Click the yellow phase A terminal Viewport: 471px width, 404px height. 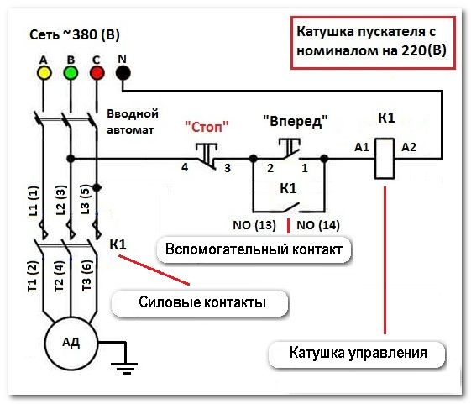pyautogui.click(x=44, y=73)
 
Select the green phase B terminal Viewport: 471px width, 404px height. pyautogui.click(x=71, y=73)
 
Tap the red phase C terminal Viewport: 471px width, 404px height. pyautogui.click(x=97, y=73)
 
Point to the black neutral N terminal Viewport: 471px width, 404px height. pyautogui.click(x=123, y=73)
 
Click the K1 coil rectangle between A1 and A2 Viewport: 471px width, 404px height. pyautogui.click(x=385, y=159)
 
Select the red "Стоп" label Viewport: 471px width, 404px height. pyautogui.click(x=207, y=127)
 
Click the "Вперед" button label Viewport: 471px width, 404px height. pyautogui.click(x=296, y=121)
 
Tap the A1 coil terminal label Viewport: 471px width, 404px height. pyautogui.click(x=362, y=147)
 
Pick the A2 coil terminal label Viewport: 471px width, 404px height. pyautogui.click(x=409, y=147)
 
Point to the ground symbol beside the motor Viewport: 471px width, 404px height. pyautogui.click(x=124, y=367)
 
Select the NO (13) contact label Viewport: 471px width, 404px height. pyautogui.click(x=254, y=225)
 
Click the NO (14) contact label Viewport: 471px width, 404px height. pyautogui.click(x=318, y=225)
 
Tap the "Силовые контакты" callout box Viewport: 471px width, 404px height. pyautogui.click(x=200, y=303)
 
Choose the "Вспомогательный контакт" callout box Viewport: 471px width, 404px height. pyautogui.click(x=254, y=250)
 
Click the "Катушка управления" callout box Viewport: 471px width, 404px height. pyautogui.click(x=357, y=354)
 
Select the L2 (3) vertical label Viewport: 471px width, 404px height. pyautogui.click(x=60, y=200)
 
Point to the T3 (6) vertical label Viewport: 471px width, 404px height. pyautogui.click(x=86, y=275)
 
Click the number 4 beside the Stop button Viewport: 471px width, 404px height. pyautogui.click(x=185, y=167)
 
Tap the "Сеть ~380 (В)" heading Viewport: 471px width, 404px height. pyautogui.click(x=75, y=35)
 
